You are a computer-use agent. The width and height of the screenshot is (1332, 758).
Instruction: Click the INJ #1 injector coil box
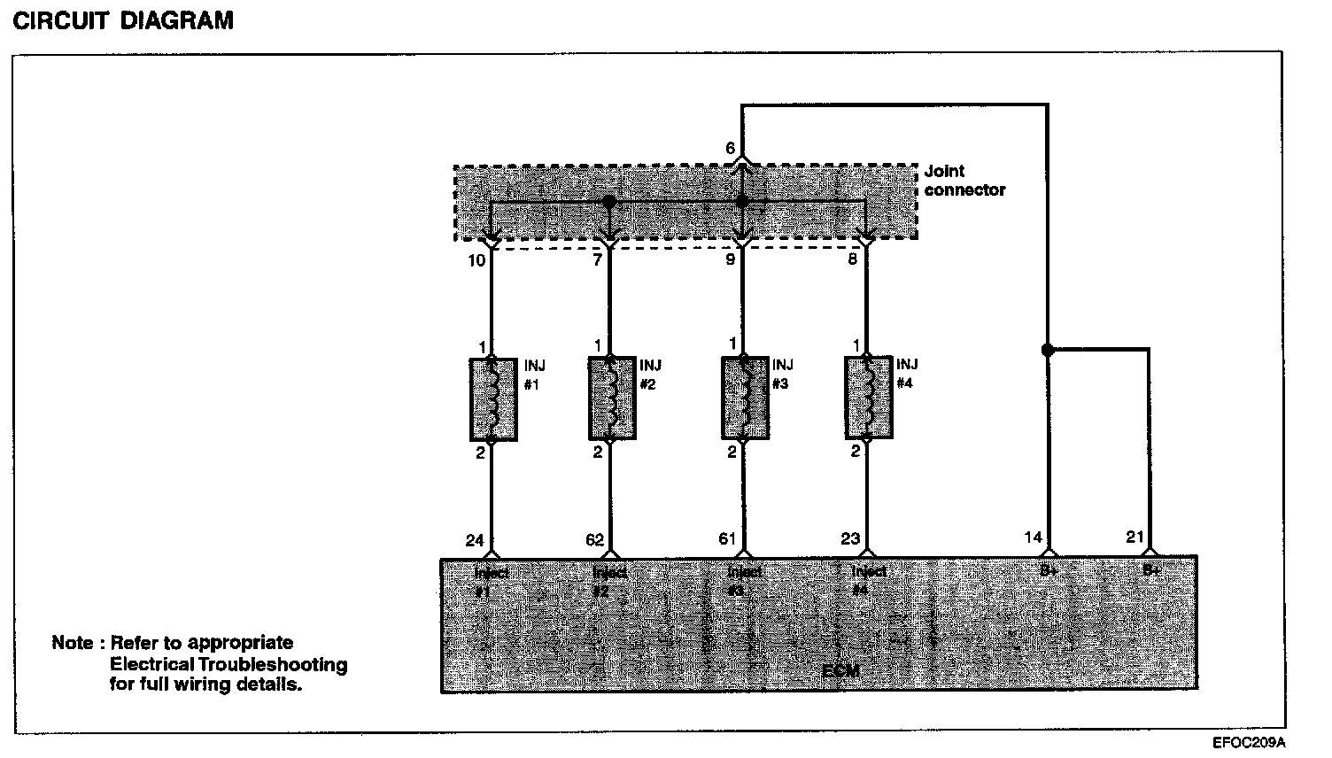(493, 398)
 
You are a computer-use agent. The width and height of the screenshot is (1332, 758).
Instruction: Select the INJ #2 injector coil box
(611, 398)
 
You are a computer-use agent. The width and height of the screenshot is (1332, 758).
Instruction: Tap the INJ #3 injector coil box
(744, 398)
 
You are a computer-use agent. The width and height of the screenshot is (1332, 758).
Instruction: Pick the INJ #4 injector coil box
(868, 398)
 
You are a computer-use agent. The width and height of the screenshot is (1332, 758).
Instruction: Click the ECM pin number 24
(475, 540)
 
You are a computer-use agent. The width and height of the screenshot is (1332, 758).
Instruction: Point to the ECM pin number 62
(594, 540)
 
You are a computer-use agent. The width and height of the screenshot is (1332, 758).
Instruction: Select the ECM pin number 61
(728, 539)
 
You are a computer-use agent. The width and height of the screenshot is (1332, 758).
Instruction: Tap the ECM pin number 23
(850, 539)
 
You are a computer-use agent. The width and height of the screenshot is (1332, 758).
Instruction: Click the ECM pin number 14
(1033, 538)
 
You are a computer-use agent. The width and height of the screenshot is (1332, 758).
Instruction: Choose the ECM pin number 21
(1135, 538)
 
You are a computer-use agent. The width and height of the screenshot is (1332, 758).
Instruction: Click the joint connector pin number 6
(731, 149)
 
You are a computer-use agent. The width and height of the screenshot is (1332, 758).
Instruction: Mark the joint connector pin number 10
(476, 260)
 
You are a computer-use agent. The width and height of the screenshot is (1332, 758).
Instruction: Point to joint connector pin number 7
(598, 260)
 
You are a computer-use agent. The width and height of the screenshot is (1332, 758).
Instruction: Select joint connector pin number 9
(731, 260)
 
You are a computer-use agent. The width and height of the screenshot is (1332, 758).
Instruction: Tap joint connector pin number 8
(853, 260)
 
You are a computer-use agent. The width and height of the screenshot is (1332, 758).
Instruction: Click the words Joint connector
(964, 181)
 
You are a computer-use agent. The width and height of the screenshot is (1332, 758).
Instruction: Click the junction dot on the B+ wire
(1048, 350)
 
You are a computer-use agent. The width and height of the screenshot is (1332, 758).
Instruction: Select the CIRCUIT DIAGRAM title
(123, 20)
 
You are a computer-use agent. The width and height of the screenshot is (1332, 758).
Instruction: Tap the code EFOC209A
(1249, 743)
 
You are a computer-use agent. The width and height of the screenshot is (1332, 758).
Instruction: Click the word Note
(72, 643)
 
